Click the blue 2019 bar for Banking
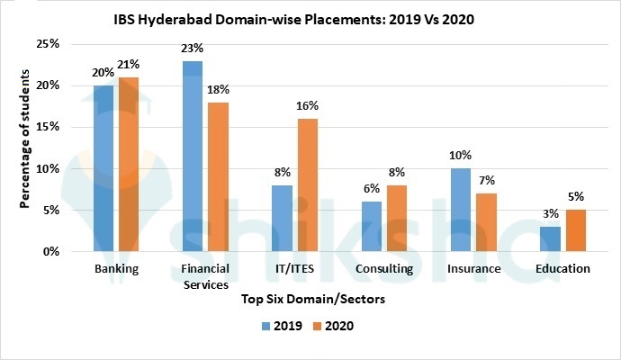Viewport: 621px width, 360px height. pyautogui.click(x=103, y=168)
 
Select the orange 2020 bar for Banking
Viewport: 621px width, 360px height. pyautogui.click(x=128, y=165)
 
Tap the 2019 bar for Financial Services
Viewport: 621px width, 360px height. pyautogui.click(x=192, y=157)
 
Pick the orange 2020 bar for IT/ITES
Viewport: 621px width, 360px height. pyautogui.click(x=306, y=185)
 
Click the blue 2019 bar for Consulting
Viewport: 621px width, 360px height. pyautogui.click(x=371, y=227)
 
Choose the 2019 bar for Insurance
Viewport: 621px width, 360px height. pyautogui.click(x=460, y=210)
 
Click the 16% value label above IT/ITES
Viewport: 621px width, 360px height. pyautogui.click(x=307, y=105)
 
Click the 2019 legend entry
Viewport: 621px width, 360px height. pyautogui.click(x=282, y=327)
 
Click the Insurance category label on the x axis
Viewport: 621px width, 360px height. pyautogui.click(x=473, y=268)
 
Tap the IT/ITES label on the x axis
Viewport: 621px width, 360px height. pyautogui.click(x=294, y=268)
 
